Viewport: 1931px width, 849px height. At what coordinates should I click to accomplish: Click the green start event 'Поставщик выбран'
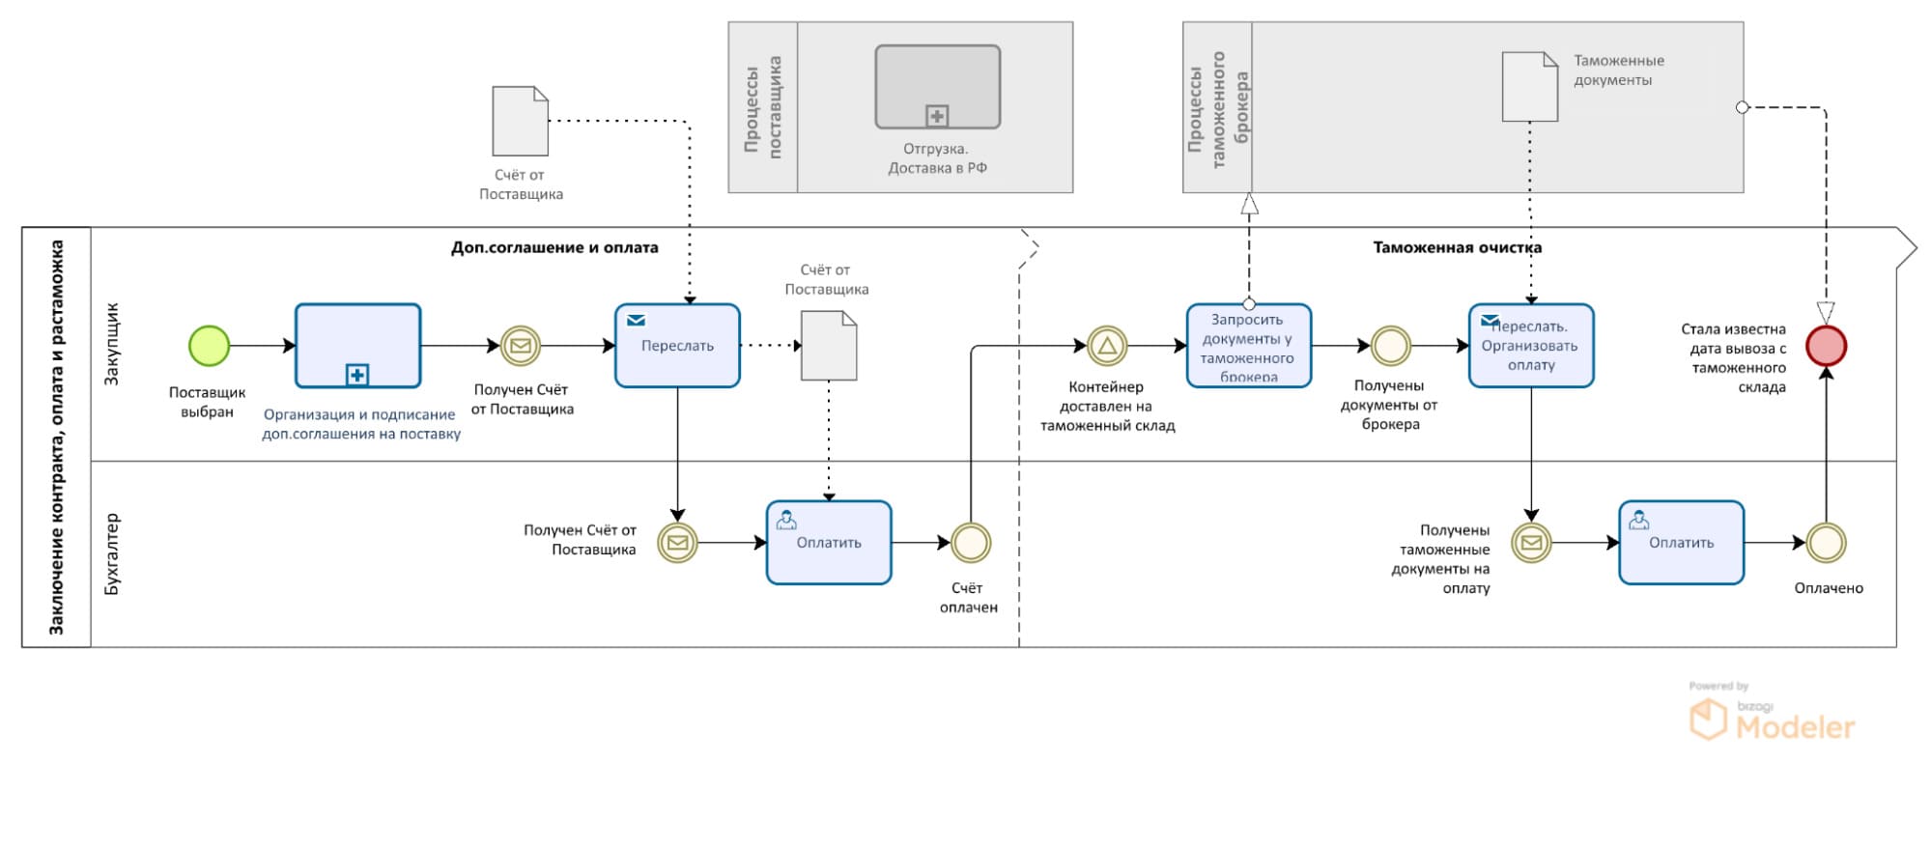209,346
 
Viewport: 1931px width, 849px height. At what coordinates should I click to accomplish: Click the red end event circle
1826,346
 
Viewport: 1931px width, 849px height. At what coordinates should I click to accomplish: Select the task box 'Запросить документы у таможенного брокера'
1248,346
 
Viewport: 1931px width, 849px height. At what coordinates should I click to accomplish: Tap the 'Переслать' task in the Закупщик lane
677,346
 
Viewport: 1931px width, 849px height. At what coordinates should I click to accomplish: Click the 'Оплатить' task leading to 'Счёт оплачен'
829,543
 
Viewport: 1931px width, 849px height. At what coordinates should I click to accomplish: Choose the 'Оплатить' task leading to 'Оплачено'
1681,543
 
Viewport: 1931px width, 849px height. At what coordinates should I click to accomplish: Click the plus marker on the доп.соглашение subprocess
357,375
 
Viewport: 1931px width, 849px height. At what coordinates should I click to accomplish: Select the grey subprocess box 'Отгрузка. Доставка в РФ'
937,87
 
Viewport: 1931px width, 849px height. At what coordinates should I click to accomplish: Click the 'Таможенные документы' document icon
1529,87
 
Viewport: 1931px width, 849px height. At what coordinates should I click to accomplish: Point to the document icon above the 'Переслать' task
520,121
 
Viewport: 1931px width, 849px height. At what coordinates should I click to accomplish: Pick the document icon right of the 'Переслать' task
829,345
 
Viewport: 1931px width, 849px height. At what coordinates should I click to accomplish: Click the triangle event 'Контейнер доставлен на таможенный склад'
1107,346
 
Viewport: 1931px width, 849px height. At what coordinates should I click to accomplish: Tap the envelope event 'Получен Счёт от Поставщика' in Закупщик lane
521,346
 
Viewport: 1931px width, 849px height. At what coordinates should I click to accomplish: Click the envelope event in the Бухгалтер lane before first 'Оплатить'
677,543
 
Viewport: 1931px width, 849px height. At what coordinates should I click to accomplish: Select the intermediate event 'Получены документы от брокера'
1391,346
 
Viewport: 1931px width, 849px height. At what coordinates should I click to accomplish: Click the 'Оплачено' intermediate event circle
1826,543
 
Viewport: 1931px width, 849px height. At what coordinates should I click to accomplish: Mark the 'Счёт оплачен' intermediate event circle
970,543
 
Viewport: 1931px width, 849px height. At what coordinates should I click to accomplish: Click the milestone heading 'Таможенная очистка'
1457,247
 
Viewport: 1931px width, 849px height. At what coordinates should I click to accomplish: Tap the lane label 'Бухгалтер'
112,553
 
